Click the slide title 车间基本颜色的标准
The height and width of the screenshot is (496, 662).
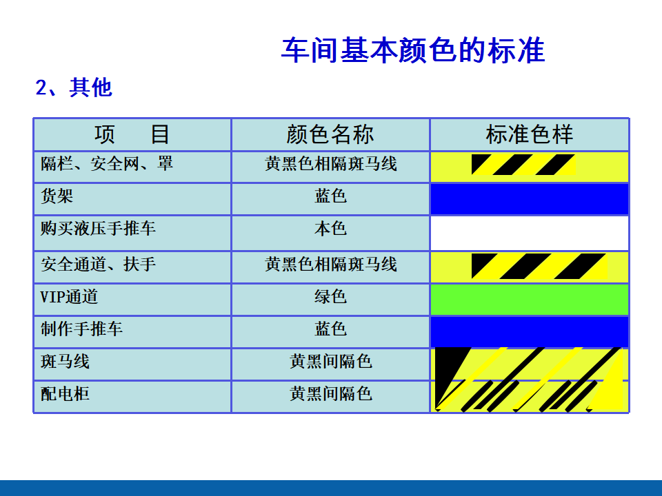tap(413, 50)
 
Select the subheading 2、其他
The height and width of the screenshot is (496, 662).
tap(74, 87)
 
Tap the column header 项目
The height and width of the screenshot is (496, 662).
tap(132, 134)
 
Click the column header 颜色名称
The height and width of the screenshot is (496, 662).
tap(330, 134)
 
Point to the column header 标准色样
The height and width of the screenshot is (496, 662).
tap(530, 134)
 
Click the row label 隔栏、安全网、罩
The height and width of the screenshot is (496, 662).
tap(107, 163)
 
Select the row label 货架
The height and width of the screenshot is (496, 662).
tap(57, 196)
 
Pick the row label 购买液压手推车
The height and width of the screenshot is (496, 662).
tap(99, 228)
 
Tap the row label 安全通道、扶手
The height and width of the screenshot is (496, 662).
tap(99, 265)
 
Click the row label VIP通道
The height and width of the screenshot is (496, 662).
tap(69, 296)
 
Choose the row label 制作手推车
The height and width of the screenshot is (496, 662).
tap(81, 329)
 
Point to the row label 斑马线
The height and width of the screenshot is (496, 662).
tap(65, 362)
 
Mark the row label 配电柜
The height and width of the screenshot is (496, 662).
tap(65, 394)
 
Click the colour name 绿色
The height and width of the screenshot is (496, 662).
tap(330, 296)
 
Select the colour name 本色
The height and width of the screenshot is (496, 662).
tap(330, 228)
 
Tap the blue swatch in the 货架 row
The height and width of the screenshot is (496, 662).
tap(530, 199)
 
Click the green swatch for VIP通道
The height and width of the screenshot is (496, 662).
tap(530, 300)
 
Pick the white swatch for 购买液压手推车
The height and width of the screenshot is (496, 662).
tap(530, 234)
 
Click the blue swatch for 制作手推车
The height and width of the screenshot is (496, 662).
tap(530, 332)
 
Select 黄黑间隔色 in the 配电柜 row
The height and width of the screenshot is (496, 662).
tap(330, 394)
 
